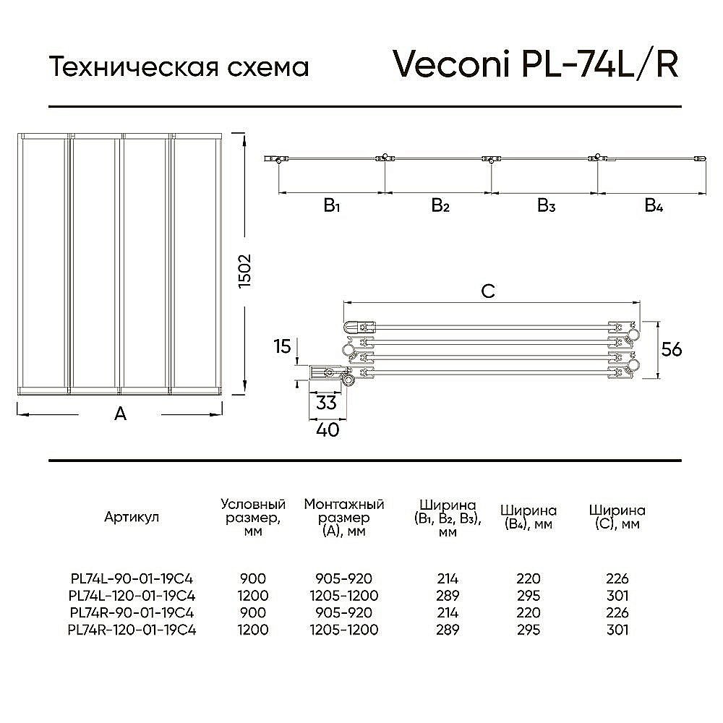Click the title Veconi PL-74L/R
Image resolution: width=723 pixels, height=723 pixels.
tap(535, 64)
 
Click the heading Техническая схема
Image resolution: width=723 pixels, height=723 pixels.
tap(179, 67)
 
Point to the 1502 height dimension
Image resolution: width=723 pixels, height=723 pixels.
tap(244, 271)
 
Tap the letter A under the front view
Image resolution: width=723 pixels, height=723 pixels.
tap(120, 414)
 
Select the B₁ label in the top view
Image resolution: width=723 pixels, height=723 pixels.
tap(332, 205)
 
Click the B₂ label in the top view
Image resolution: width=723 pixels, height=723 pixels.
tap(440, 205)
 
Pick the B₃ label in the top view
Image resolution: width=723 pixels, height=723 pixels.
tap(547, 205)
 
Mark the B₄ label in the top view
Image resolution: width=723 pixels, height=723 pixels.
tap(654, 205)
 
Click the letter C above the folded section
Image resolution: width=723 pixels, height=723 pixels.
tap(488, 291)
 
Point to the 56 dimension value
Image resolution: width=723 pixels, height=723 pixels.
tap(671, 349)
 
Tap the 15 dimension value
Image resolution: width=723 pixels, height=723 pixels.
tap(282, 346)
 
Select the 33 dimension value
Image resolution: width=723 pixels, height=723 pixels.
tap(327, 403)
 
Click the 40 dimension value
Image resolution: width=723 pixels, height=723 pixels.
tap(328, 429)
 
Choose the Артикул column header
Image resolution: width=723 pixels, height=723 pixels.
tap(132, 517)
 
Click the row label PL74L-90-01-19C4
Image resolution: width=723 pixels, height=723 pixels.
tap(132, 578)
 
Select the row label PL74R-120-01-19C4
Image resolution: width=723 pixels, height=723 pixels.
tap(132, 630)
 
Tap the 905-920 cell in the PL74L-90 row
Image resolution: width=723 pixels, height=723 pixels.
tap(344, 578)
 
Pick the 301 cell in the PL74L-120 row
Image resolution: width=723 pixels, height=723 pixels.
tap(617, 595)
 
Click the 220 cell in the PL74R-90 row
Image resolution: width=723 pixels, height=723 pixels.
tap(529, 612)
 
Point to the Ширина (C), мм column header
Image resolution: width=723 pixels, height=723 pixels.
tap(617, 517)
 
